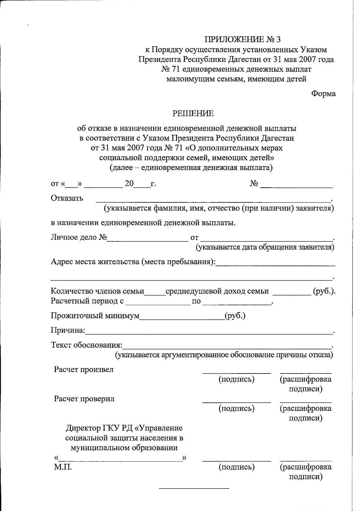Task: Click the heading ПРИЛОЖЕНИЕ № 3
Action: [243, 39]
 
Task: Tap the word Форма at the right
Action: [323, 94]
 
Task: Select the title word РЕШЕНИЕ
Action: [193, 113]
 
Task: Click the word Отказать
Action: [67, 198]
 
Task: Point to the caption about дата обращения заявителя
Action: [265, 247]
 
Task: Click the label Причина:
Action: [68, 331]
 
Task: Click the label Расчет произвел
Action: [84, 370]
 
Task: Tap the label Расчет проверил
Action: [84, 399]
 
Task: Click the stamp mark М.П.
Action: [63, 467]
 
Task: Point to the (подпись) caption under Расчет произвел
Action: [236, 379]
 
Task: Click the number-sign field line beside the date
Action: [296, 187]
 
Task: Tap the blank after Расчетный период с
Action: [158, 304]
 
